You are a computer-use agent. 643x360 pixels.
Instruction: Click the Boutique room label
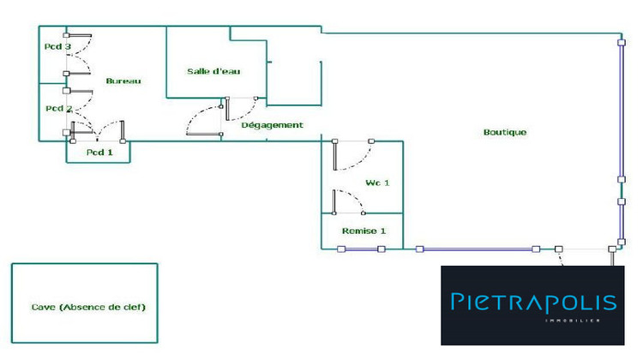(505, 133)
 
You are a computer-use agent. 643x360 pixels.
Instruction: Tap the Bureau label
(123, 81)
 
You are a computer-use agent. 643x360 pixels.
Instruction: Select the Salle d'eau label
(213, 71)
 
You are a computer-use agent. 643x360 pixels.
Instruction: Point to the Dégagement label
(272, 125)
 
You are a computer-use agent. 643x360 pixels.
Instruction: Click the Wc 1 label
(378, 183)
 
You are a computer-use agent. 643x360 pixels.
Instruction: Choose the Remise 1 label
(364, 231)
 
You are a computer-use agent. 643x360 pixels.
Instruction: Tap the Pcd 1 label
(99, 153)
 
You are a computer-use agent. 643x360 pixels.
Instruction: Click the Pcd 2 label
(58, 109)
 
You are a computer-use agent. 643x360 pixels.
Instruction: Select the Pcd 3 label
(58, 46)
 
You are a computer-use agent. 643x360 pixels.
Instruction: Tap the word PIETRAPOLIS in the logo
(533, 302)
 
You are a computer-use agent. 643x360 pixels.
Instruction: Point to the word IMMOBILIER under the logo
(571, 321)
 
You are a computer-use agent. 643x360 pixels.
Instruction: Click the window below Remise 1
(361, 249)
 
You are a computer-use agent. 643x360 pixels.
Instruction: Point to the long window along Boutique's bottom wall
(478, 249)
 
